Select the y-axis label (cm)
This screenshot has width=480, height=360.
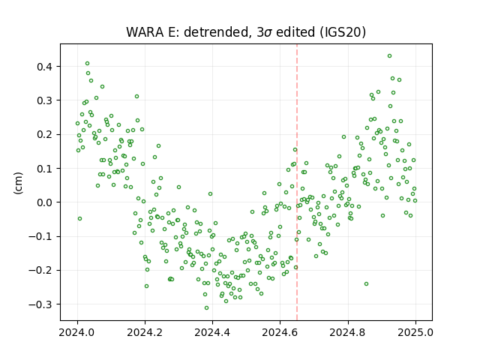click(x=18, y=183)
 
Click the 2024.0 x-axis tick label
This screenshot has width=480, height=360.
click(x=77, y=332)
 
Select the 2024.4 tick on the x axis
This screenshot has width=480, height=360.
click(x=212, y=332)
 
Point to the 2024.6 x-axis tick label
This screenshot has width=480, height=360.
click(x=280, y=332)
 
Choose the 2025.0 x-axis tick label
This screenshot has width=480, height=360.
click(x=415, y=332)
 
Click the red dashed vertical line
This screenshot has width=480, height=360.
click(x=297, y=182)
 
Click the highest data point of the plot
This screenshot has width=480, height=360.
click(x=389, y=56)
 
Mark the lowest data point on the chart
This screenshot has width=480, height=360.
click(x=207, y=308)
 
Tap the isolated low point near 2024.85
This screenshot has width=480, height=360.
click(x=366, y=284)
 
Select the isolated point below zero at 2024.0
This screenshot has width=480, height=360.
click(x=80, y=218)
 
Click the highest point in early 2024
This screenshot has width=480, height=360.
click(x=87, y=63)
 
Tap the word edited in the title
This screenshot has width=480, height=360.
click(x=295, y=32)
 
